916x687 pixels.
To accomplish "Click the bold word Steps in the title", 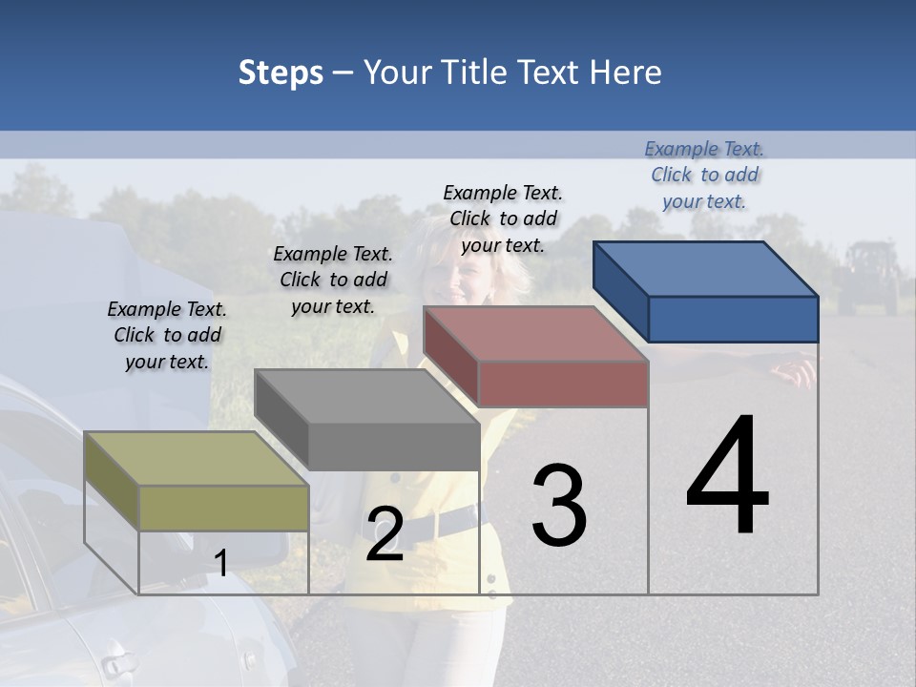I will pos(281,73).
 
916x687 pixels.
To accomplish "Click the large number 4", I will pos(727,477).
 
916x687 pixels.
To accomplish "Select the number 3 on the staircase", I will pos(559,506).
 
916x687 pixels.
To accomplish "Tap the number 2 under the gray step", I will pos(385,534).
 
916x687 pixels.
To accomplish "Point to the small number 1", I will pos(220,563).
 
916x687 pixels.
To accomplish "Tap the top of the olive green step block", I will pos(197,459).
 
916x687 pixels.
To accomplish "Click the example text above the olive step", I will pos(167,336).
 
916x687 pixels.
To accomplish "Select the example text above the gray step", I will pos(333,281).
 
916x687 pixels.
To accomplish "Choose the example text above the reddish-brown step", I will pos(503,219).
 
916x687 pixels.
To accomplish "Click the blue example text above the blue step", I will pos(704,175).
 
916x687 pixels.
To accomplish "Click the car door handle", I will pos(115,662).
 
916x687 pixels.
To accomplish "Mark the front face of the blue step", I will pos(733,319).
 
